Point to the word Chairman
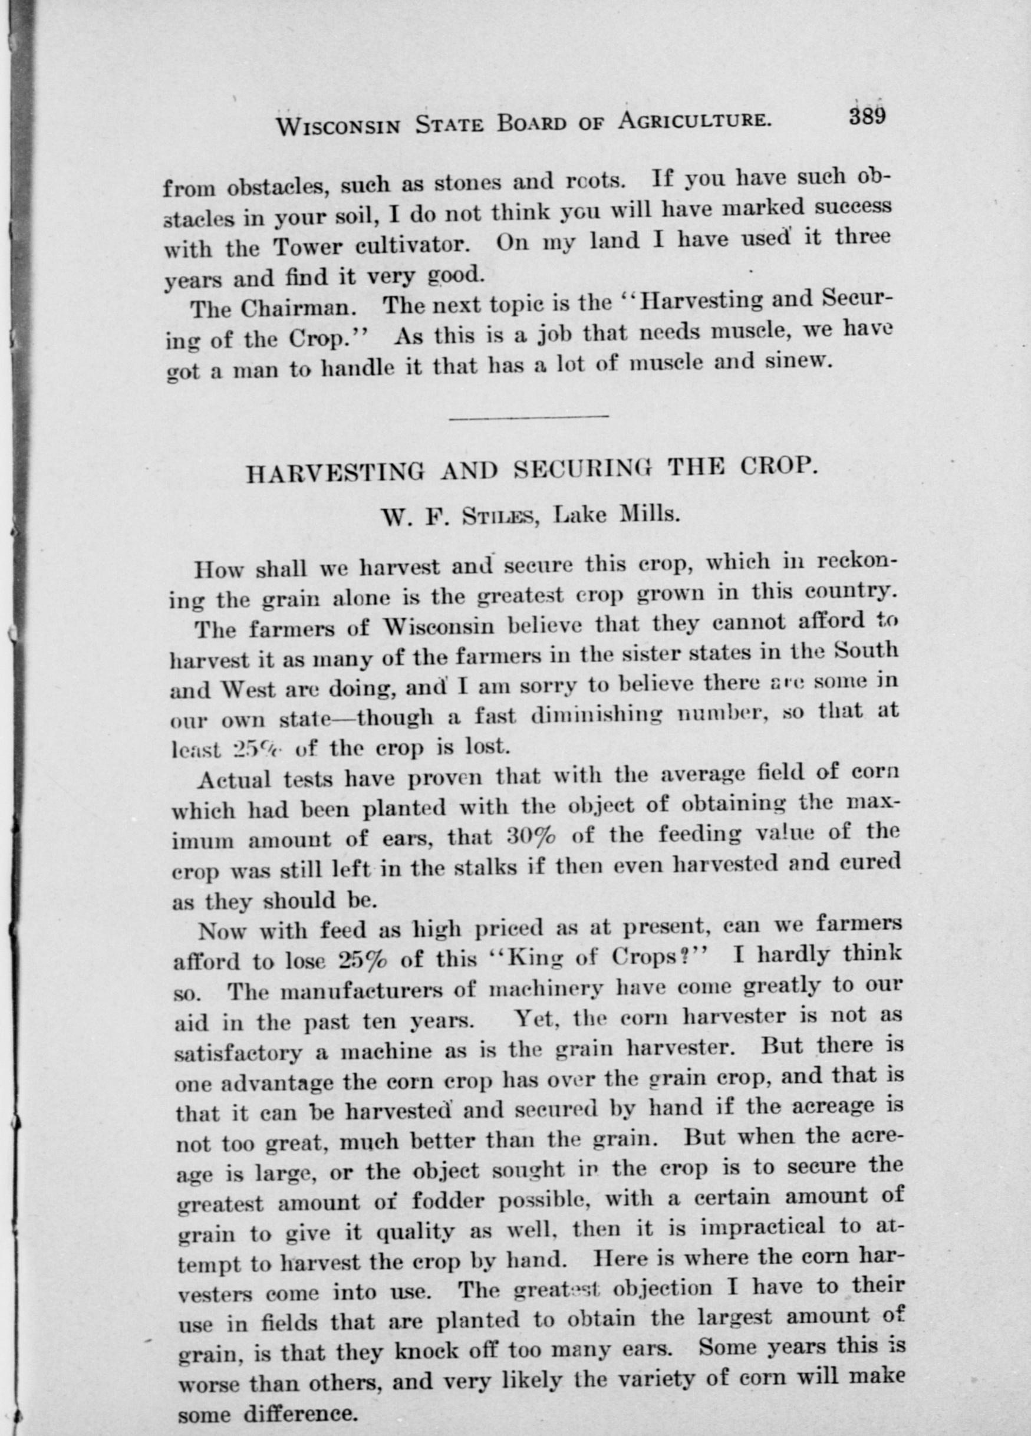tap(292, 309)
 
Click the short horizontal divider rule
tap(528, 416)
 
